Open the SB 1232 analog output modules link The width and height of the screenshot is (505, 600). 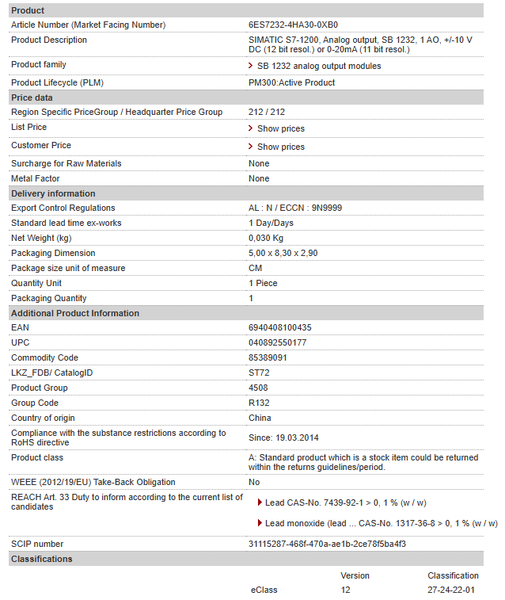click(319, 66)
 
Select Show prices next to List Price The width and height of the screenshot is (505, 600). click(280, 128)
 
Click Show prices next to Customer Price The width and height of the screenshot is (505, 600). click(280, 147)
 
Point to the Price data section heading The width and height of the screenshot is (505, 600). click(32, 97)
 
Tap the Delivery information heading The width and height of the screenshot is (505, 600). click(53, 193)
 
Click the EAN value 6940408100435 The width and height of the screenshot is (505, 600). click(280, 327)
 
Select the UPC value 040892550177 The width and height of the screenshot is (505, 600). click(278, 342)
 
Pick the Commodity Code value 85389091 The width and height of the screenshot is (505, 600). click(268, 357)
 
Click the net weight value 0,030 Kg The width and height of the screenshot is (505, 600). click(266, 238)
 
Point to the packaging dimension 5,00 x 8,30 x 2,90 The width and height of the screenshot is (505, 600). click(283, 253)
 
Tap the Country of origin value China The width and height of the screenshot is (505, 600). click(260, 418)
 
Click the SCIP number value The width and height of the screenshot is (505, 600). click(328, 544)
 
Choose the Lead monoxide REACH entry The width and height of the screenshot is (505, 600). click(381, 523)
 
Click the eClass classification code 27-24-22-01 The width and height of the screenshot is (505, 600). click(451, 590)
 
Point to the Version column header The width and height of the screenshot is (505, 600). click(355, 575)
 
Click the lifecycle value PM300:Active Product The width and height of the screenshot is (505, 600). click(291, 82)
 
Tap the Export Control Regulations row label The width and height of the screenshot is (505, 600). click(63, 208)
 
